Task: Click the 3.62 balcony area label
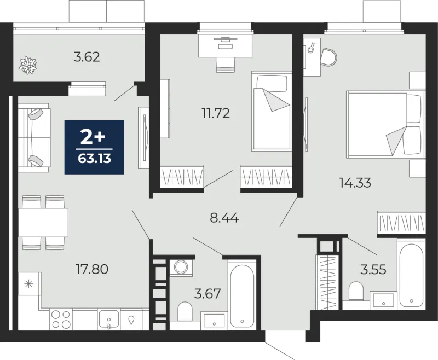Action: [x=87, y=57]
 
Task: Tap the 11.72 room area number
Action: [x=216, y=113]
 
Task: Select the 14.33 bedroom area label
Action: [x=355, y=183]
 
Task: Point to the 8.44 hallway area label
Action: [x=224, y=218]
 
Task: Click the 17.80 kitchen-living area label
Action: [x=92, y=269]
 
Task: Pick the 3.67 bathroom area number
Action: [x=208, y=294]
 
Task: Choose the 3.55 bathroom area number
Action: [x=373, y=270]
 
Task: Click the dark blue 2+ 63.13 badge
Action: [x=94, y=147]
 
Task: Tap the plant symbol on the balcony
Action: [x=28, y=65]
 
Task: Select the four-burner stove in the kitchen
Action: [x=61, y=320]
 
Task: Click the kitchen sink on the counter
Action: [x=109, y=320]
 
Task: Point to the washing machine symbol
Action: [x=181, y=268]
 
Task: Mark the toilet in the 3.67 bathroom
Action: [x=185, y=311]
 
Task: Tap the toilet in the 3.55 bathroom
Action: [x=356, y=291]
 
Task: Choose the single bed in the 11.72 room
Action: [x=272, y=111]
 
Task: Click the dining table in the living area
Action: [x=43, y=223]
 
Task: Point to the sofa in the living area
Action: [x=34, y=137]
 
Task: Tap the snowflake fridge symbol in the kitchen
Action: [x=30, y=284]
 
